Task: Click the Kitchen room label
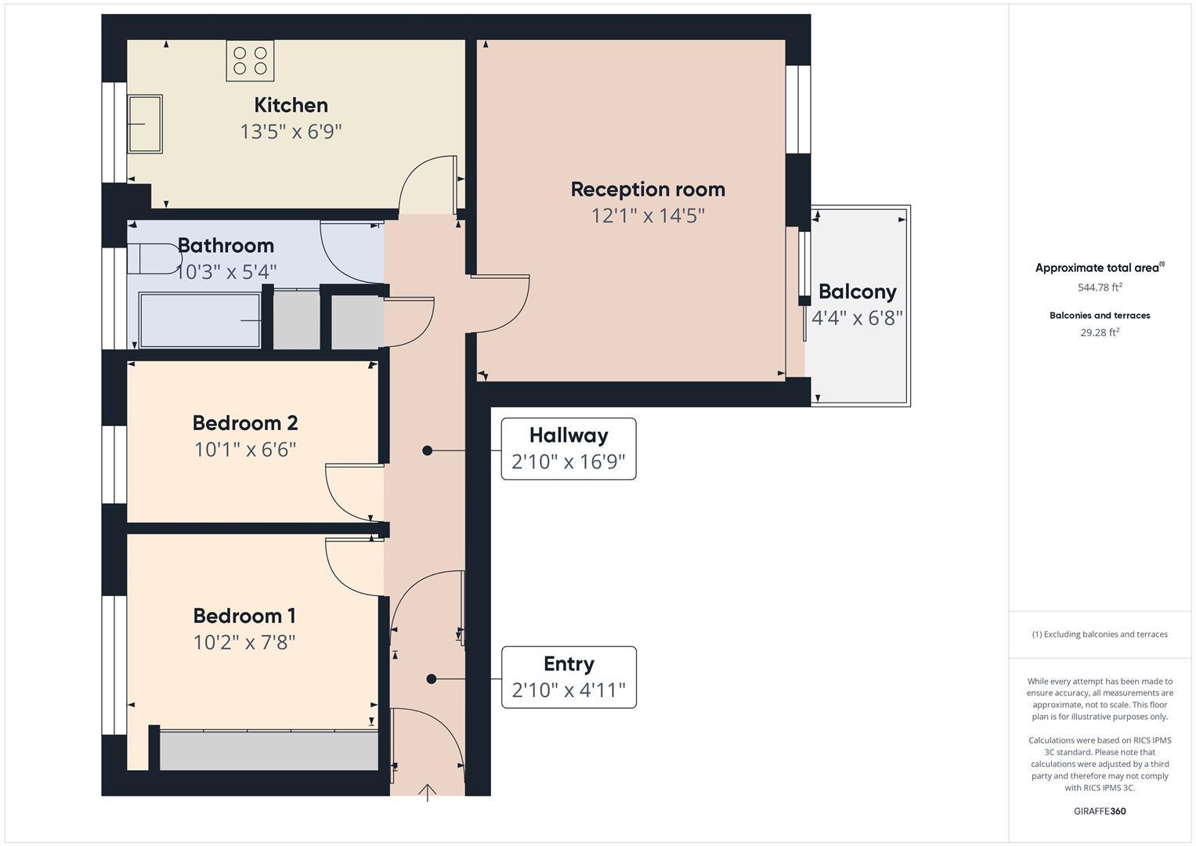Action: [x=291, y=105]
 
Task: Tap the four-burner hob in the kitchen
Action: [x=250, y=61]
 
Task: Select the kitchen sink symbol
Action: [x=145, y=124]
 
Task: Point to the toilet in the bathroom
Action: [x=155, y=259]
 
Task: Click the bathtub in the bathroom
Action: [x=200, y=320]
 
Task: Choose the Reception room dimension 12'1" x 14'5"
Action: [x=648, y=215]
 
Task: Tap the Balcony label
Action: [x=857, y=291]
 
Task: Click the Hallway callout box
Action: [x=568, y=448]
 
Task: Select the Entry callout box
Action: [x=568, y=677]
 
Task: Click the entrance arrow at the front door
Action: [x=428, y=793]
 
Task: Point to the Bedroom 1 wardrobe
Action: [x=269, y=750]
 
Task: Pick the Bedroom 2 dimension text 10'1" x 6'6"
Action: [x=245, y=450]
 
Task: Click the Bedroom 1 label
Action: [x=244, y=616]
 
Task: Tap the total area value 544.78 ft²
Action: [x=1100, y=287]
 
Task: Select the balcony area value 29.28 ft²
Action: [x=1100, y=332]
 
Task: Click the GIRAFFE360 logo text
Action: [x=1100, y=811]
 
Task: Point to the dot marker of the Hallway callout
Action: [x=427, y=450]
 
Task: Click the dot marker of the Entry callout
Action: [x=431, y=679]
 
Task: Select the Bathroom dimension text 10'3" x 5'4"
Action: [x=226, y=272]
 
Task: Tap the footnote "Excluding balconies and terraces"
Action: [x=1100, y=634]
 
